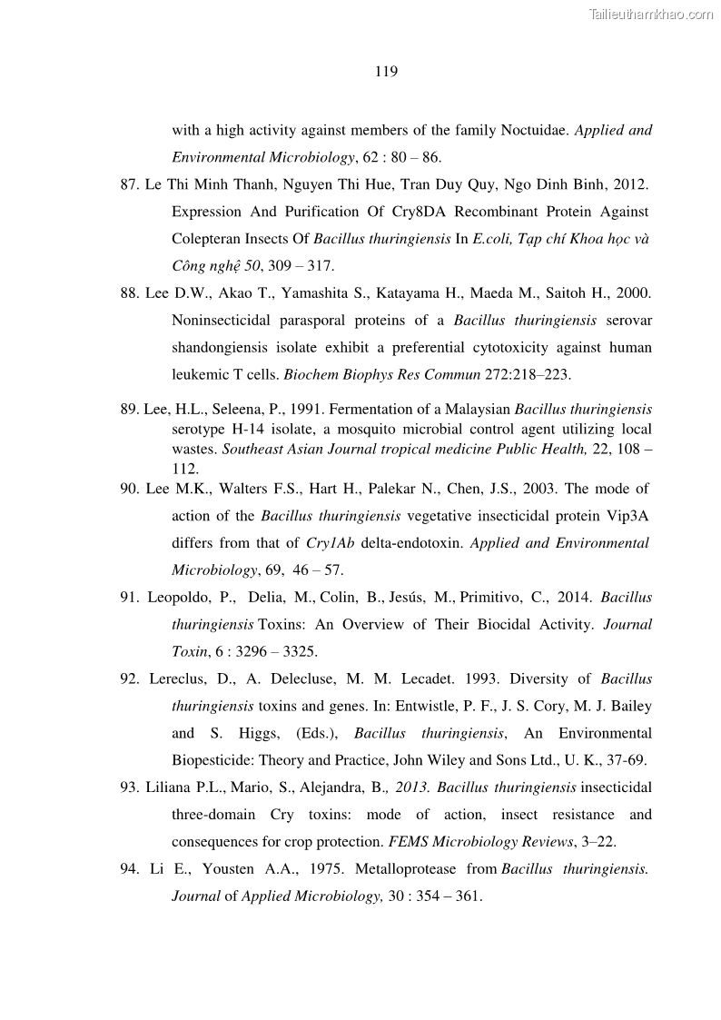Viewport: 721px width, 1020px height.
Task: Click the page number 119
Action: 386,72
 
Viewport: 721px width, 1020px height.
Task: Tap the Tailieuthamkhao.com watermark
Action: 651,14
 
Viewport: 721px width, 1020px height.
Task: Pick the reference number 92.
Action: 129,678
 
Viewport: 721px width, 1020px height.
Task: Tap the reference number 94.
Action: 129,869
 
